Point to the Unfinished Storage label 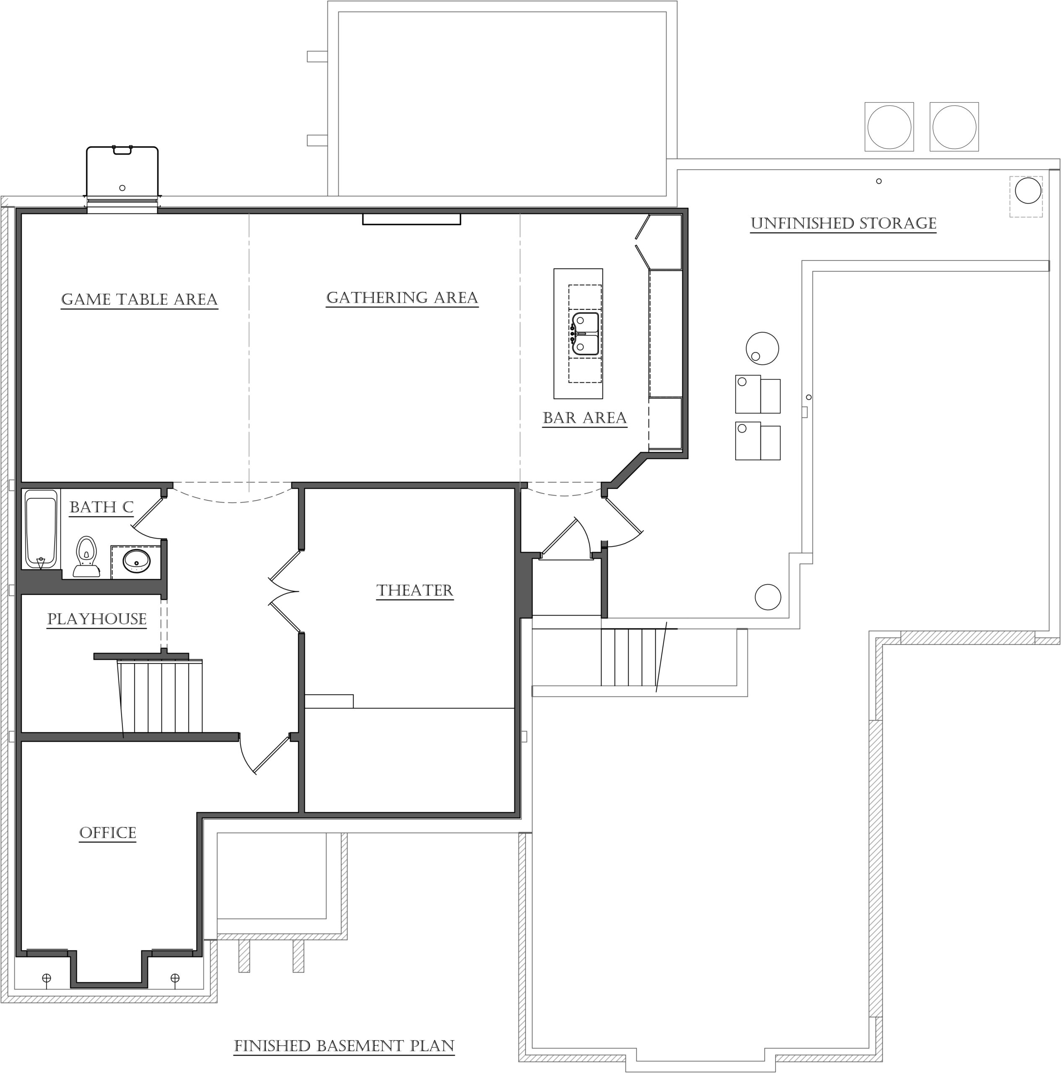pos(843,223)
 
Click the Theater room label pos(415,591)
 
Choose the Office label pos(108,833)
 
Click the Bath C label pos(101,507)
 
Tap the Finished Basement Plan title pos(345,1046)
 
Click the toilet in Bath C pos(86,557)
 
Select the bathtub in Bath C pos(41,529)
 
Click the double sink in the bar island pos(586,334)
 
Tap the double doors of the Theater pos(284,591)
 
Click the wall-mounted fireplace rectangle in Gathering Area pos(412,219)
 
